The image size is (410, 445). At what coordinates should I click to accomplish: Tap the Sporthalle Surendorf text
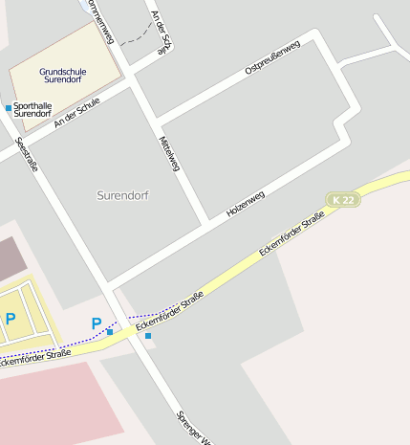pyautogui.click(x=35, y=110)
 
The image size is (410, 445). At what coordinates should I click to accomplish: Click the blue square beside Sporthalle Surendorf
pyautogui.click(x=9, y=107)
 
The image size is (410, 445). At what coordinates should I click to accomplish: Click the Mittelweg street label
pyautogui.click(x=169, y=153)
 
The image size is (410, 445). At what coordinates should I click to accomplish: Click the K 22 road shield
pyautogui.click(x=343, y=199)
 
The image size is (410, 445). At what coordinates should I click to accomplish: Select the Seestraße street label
pyautogui.click(x=27, y=153)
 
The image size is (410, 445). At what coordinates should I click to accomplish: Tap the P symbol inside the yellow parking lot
pyautogui.click(x=10, y=319)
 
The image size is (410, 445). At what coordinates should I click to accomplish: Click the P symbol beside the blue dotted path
pyautogui.click(x=96, y=323)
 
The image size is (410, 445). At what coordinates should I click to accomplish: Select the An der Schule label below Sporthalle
pyautogui.click(x=77, y=114)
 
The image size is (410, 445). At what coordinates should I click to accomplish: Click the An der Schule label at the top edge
pyautogui.click(x=164, y=31)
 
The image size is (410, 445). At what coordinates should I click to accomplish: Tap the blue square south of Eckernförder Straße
pyautogui.click(x=148, y=336)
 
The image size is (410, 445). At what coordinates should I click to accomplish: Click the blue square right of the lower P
pyautogui.click(x=110, y=331)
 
